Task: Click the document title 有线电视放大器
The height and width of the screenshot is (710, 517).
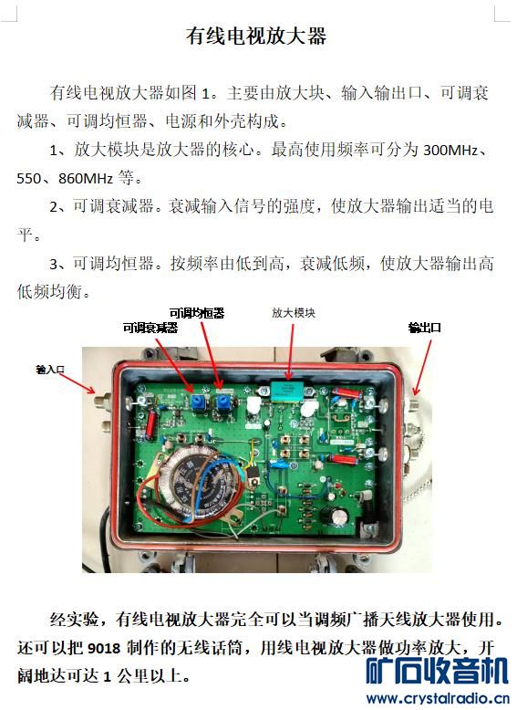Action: [x=256, y=36]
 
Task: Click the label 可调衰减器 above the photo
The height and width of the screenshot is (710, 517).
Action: [x=150, y=328]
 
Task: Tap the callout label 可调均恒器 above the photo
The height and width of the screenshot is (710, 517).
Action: [x=197, y=313]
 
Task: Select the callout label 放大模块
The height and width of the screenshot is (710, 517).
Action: [x=294, y=312]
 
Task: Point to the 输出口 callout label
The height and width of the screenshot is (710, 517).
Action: [x=424, y=328]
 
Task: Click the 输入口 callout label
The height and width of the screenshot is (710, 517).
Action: [x=50, y=369]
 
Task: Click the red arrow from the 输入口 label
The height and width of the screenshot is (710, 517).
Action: [x=78, y=383]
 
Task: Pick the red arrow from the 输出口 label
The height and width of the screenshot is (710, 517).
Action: [x=422, y=367]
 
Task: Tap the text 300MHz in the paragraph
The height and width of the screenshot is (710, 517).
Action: [x=450, y=150]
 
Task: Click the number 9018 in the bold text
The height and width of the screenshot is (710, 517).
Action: [x=104, y=648]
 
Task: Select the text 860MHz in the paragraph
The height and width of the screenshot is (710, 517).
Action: [x=86, y=178]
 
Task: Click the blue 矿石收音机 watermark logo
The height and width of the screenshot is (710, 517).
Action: [x=437, y=671]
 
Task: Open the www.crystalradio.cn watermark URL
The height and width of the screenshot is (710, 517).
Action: [x=438, y=698]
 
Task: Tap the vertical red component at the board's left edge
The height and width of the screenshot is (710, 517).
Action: [x=150, y=423]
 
